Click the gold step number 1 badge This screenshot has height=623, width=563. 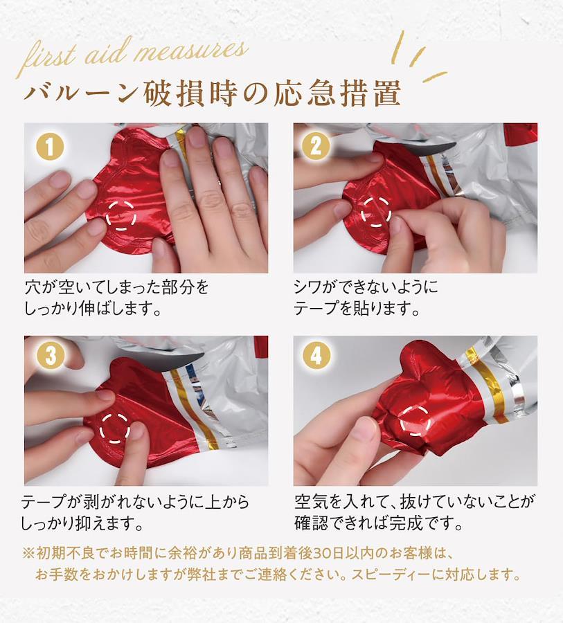(50, 147)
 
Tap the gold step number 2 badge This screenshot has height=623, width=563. (316, 147)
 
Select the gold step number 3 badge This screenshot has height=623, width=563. (50, 355)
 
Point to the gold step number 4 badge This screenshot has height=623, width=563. (316, 355)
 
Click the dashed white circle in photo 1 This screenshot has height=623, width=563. (107, 216)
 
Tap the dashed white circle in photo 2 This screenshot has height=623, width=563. (361, 213)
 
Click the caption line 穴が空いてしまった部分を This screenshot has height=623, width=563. (116, 287)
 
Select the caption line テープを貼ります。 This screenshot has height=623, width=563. (357, 308)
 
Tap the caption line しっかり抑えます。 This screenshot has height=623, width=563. (82, 523)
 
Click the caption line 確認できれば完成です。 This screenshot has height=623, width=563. (379, 523)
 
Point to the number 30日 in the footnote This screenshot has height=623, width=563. (329, 553)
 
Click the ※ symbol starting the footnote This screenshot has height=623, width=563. (28, 553)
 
